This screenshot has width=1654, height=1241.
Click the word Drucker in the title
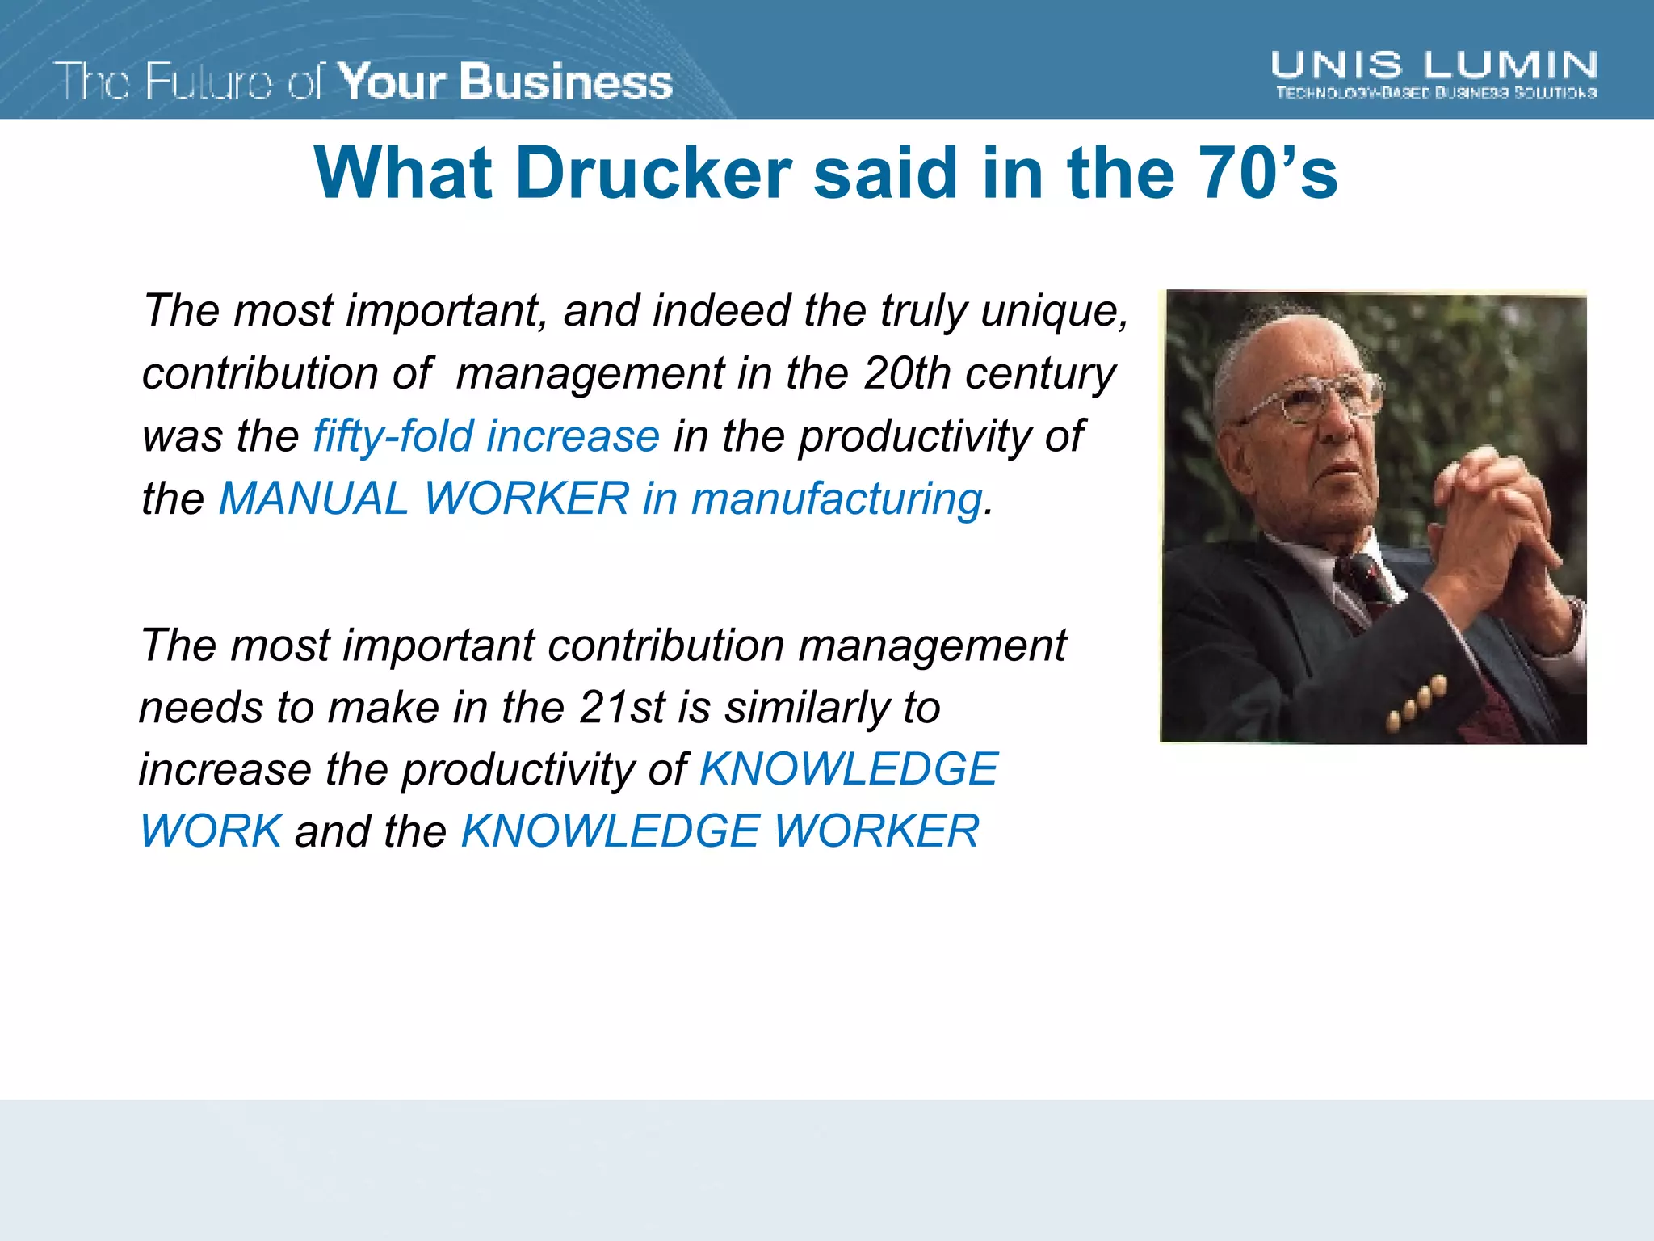pyautogui.click(x=654, y=174)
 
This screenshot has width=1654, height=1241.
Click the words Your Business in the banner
pyautogui.click(x=505, y=82)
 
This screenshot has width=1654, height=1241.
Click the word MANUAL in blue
pyautogui.click(x=314, y=499)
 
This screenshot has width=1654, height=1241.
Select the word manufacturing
pyautogui.click(x=837, y=499)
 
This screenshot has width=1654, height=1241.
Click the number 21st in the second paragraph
pyautogui.click(x=621, y=708)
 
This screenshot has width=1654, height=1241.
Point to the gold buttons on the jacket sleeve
pyautogui.click(x=1417, y=703)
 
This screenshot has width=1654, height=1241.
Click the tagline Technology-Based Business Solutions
pyautogui.click(x=1435, y=94)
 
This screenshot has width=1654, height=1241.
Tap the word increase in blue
pyautogui.click(x=573, y=436)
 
